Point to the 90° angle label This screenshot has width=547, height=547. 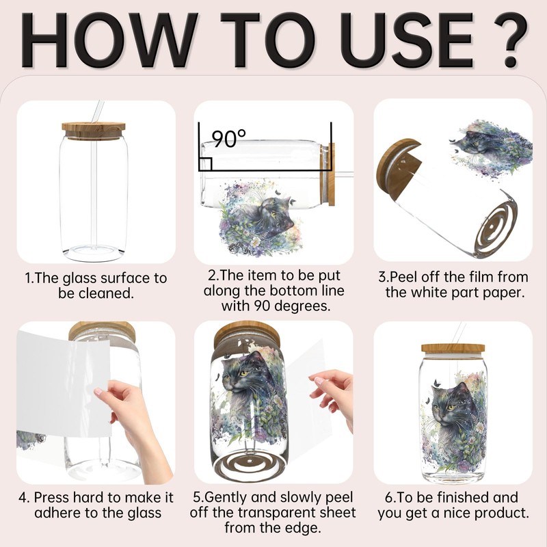click(x=229, y=139)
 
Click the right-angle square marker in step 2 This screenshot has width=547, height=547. click(x=205, y=163)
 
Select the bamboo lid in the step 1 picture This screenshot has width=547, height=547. click(x=94, y=131)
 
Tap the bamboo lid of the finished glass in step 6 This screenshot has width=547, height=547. click(x=453, y=348)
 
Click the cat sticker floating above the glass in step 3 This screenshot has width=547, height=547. click(x=491, y=149)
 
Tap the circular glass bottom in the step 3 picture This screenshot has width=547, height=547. click(x=496, y=225)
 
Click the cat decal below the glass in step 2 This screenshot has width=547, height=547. click(x=259, y=217)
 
